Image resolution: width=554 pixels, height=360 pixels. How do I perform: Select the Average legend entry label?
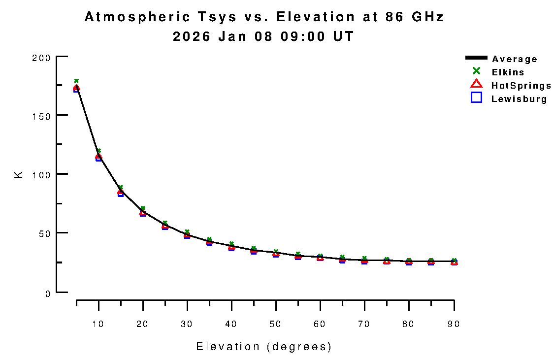coord(515,59)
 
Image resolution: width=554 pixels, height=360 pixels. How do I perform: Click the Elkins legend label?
coord(508,72)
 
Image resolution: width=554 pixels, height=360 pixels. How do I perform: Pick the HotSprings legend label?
coord(521,86)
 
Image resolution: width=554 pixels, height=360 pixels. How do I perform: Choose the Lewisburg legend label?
coord(519,99)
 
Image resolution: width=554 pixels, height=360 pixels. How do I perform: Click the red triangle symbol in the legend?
coord(476,84)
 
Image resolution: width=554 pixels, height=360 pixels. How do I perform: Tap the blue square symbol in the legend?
coord(476,98)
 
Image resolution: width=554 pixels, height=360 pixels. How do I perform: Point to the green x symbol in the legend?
coord(476,71)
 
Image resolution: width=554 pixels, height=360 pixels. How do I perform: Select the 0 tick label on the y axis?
coord(48,294)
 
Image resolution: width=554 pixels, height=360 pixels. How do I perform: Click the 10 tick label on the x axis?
coord(98,324)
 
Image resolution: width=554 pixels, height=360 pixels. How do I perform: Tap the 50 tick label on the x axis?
coord(276,324)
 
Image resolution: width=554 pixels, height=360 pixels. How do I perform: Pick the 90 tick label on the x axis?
coord(454,324)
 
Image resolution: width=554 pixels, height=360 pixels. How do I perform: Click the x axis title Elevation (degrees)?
coord(264,347)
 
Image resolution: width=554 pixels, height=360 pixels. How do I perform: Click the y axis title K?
coord(19,174)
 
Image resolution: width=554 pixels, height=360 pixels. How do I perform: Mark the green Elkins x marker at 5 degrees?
coord(76,81)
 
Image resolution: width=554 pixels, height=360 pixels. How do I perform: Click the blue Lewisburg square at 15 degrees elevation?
coord(121,194)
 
